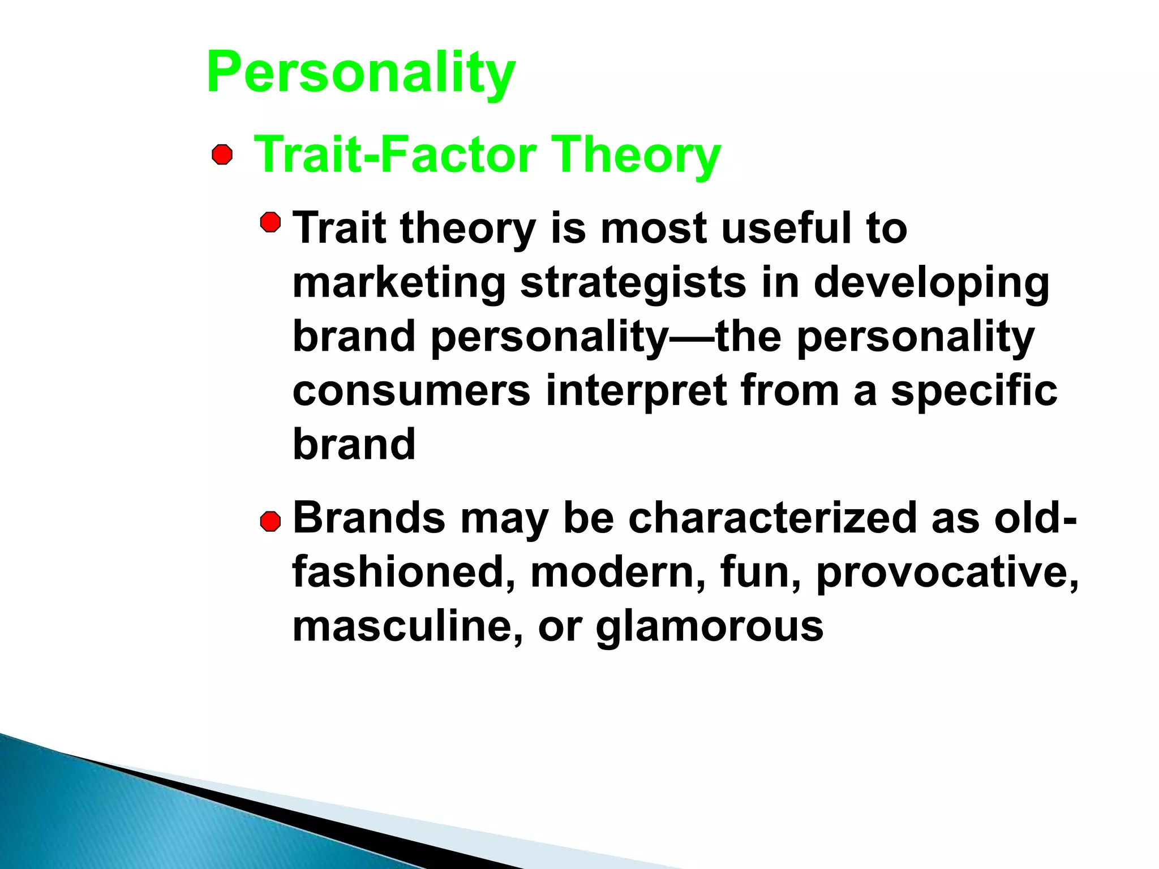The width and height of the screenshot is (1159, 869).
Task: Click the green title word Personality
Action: coord(361,72)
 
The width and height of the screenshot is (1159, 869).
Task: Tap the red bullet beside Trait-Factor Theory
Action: coord(222,154)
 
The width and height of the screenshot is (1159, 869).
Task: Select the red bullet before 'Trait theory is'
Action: coord(271,222)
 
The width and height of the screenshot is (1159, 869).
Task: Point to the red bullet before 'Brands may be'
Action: coord(271,521)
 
